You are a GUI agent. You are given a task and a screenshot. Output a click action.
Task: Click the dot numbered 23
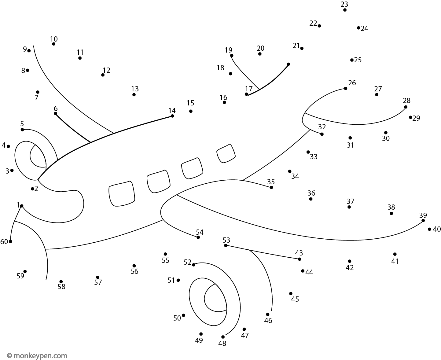click(x=345, y=10)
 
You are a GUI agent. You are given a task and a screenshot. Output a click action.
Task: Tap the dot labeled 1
click(x=21, y=206)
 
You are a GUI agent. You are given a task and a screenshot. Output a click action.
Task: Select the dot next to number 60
click(x=10, y=241)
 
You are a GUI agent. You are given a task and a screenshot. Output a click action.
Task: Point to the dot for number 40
click(x=429, y=229)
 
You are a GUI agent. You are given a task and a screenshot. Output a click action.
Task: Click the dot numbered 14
click(x=172, y=116)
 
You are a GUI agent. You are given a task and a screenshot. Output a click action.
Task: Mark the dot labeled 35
click(x=271, y=187)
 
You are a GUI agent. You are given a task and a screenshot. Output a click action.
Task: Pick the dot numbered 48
click(x=223, y=337)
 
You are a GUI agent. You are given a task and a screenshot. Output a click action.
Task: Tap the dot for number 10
click(x=54, y=44)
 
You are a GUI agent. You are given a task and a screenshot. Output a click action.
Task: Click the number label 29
click(x=416, y=118)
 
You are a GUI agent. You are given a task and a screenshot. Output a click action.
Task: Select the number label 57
click(x=98, y=282)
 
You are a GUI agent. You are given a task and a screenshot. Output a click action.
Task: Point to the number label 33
click(x=314, y=156)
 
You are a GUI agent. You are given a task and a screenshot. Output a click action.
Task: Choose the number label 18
click(x=220, y=68)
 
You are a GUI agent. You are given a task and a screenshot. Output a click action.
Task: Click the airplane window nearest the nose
click(x=122, y=193)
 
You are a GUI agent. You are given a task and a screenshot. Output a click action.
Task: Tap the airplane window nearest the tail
click(x=226, y=153)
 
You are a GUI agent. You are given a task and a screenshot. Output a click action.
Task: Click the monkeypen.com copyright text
click(x=37, y=356)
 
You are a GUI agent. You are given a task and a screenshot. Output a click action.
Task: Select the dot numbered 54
click(x=198, y=237)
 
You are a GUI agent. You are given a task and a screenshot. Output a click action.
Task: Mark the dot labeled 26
click(x=345, y=88)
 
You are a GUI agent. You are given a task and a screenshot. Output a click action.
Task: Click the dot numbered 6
click(x=55, y=113)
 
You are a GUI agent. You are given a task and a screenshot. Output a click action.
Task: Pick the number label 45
click(x=295, y=299)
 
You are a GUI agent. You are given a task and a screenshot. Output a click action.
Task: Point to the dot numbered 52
click(x=194, y=265)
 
